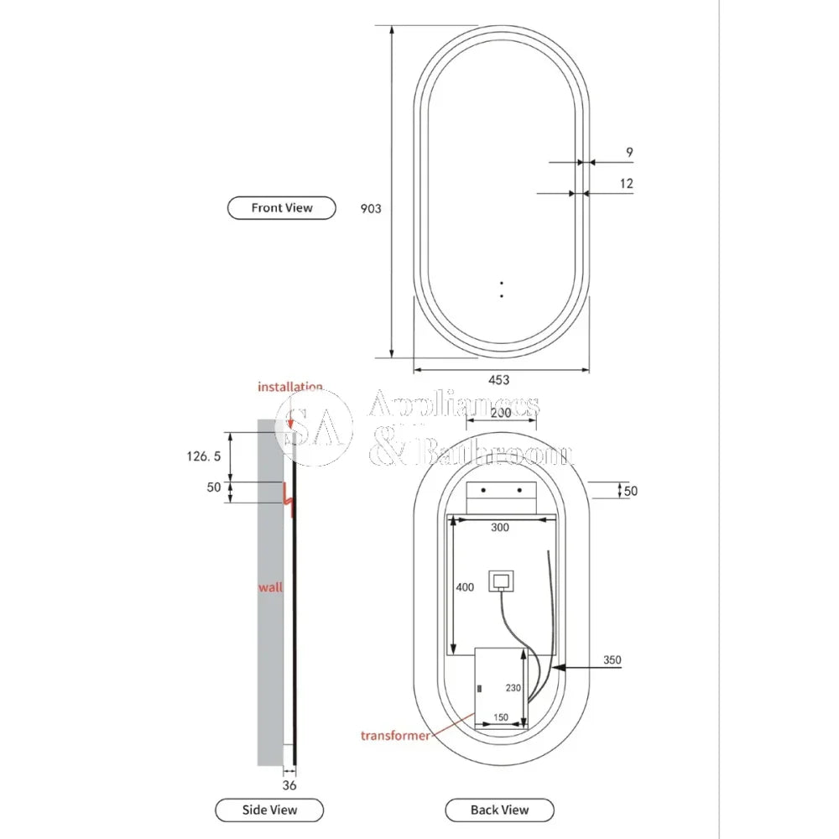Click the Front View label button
[282, 208]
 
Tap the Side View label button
[269, 810]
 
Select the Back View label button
[499, 810]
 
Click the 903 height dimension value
[371, 208]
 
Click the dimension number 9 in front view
[629, 153]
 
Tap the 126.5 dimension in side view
[203, 456]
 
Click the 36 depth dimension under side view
[289, 785]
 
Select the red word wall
[270, 587]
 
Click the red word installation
[290, 387]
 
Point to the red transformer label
[395, 736]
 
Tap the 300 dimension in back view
[500, 529]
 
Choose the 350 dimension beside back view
[612, 660]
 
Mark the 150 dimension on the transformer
[500, 717]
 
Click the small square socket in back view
[503, 581]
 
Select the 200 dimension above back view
[501, 413]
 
